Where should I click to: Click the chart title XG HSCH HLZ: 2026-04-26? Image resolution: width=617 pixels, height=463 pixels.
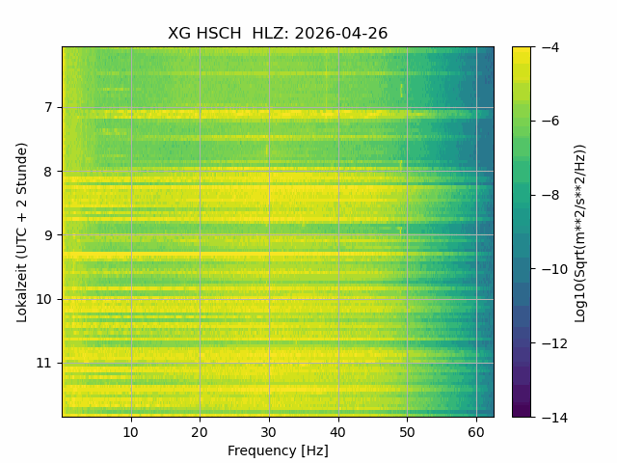coord(278,33)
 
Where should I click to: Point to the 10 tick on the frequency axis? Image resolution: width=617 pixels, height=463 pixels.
coord(131,432)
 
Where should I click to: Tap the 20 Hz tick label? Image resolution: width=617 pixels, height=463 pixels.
coord(200,432)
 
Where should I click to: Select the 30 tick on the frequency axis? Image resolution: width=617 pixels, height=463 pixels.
coord(269,432)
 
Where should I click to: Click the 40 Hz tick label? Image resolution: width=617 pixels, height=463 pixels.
coord(338,432)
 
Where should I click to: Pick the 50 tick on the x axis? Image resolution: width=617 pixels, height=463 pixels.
coord(407,432)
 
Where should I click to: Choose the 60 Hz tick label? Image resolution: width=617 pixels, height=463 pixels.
coord(476,432)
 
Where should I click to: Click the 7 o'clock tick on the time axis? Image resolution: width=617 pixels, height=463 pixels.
coord(48,107)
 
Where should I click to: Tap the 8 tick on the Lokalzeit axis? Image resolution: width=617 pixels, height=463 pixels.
coord(48,172)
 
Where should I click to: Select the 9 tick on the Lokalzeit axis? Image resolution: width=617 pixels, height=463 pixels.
coord(48,235)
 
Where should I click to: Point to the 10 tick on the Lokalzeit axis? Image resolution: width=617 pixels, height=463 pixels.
coord(44,299)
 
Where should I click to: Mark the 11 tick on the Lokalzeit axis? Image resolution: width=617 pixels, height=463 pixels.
coord(44,363)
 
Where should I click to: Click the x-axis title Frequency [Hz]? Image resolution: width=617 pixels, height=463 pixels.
coord(278,450)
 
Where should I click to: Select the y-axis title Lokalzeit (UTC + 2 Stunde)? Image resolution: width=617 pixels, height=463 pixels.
coord(22,232)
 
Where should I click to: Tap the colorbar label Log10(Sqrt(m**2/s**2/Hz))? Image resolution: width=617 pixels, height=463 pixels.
coord(580,232)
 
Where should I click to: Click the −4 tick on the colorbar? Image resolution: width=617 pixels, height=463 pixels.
coord(550,47)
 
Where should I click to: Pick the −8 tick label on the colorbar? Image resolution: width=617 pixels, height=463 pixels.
coord(550,195)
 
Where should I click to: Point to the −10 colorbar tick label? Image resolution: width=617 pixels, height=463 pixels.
coord(554,269)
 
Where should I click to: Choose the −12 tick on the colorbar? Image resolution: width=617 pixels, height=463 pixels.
coord(554,343)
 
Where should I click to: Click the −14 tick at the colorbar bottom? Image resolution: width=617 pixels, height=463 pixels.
coord(554,417)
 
